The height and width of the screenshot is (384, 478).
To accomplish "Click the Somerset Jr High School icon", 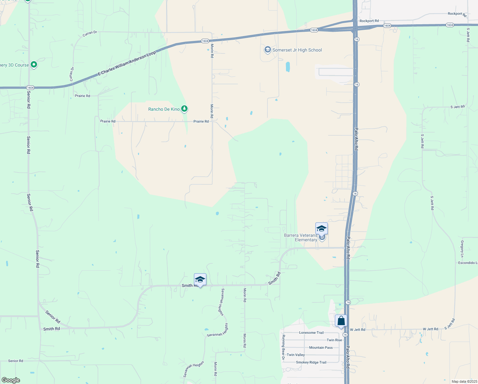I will [267, 50].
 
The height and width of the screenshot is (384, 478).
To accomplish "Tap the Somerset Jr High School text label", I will [297, 50].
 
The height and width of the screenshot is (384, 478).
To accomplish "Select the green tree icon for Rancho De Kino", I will [184, 109].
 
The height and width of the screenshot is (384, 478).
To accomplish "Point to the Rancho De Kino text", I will [164, 109].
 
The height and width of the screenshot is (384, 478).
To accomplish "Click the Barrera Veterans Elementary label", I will [301, 237].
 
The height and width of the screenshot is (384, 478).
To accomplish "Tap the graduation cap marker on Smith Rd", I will [200, 280].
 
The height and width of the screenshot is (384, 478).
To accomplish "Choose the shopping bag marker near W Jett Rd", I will [341, 321].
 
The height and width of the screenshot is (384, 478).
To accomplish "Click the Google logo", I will [11, 380].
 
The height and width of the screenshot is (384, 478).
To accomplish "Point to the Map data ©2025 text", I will [464, 381].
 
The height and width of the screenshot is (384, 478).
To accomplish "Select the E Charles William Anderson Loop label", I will [127, 63].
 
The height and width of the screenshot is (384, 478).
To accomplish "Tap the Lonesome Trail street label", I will [311, 332].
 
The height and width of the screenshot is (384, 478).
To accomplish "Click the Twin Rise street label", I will [334, 340].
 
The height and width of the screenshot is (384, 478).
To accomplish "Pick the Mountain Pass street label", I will [321, 348].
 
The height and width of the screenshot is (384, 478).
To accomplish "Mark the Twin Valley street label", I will [296, 355].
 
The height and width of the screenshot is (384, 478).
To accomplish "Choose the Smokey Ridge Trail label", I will [311, 362].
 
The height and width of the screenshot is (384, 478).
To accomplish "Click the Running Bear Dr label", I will [283, 347].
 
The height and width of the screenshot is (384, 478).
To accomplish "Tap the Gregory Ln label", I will [462, 249].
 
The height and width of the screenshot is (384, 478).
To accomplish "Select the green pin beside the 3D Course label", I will [34, 65].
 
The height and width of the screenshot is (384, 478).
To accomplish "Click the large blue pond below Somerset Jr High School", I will [288, 67].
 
